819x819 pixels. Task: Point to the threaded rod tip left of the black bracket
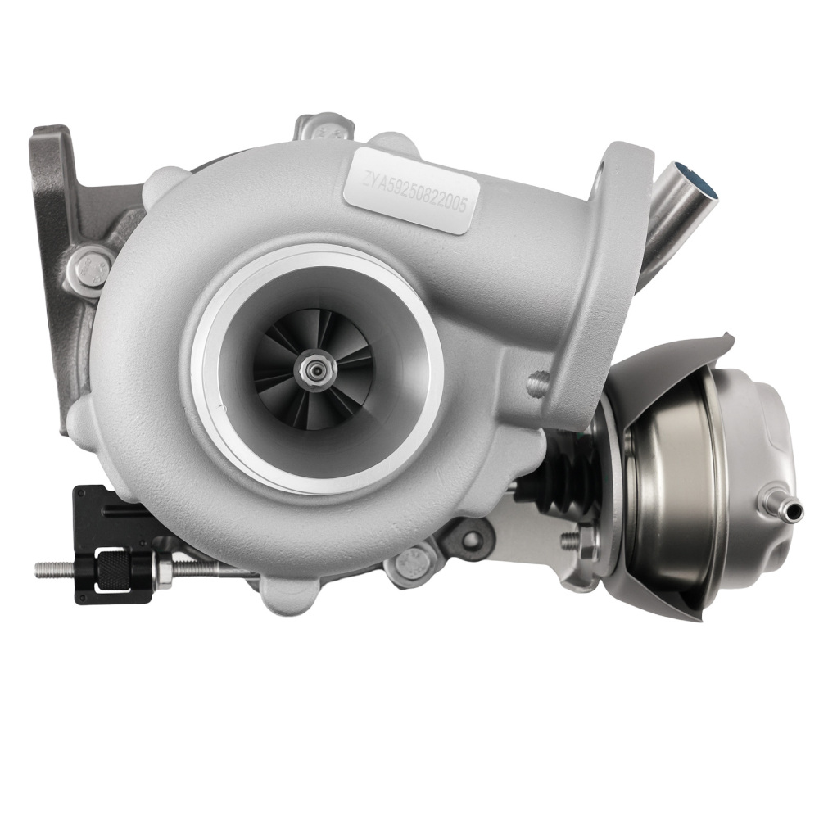pyautogui.click(x=43, y=568)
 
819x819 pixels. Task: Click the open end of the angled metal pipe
pyautogui.click(x=697, y=182)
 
